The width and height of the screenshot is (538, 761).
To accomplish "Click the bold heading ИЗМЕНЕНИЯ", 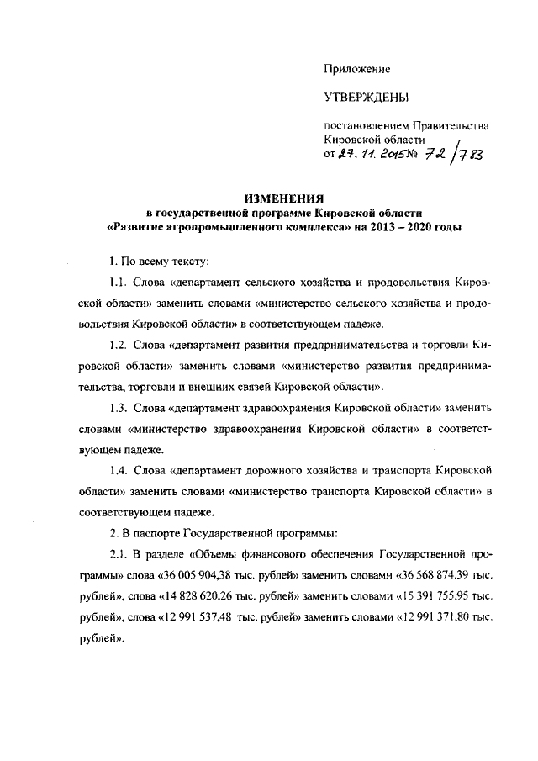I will (284, 198).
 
